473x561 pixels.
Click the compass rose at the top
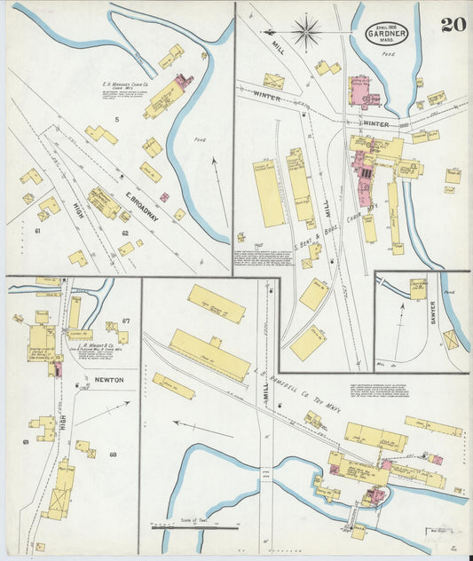click(306, 32)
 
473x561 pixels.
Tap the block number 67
click(126, 320)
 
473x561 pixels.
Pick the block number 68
click(113, 454)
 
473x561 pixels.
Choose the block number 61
click(38, 231)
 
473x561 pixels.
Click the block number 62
click(125, 233)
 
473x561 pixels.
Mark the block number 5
click(115, 118)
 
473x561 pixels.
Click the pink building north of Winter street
click(363, 91)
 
